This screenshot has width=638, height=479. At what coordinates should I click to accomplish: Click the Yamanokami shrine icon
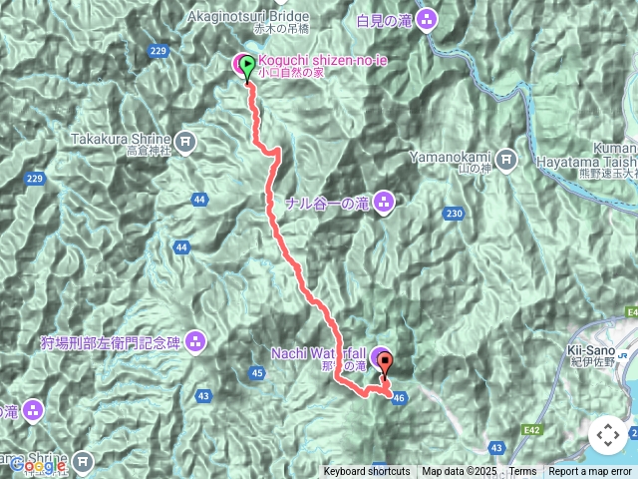click(x=505, y=158)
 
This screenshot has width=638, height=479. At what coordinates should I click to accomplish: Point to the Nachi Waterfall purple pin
click(x=380, y=358)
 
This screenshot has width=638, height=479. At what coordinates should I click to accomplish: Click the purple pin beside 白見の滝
click(x=427, y=18)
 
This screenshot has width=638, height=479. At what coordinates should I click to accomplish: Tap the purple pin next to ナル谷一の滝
click(x=384, y=204)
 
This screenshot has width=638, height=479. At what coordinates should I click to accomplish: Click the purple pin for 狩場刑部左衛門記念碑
click(x=194, y=342)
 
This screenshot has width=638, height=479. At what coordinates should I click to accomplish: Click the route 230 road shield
click(x=456, y=214)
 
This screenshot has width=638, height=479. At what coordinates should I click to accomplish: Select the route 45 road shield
click(x=258, y=373)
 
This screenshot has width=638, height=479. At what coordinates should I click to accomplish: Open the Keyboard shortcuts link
click(x=366, y=472)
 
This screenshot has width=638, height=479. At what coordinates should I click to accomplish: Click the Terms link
click(x=522, y=472)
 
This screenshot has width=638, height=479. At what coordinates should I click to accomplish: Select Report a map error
click(x=590, y=472)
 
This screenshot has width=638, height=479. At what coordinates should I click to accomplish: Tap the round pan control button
click(x=607, y=435)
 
